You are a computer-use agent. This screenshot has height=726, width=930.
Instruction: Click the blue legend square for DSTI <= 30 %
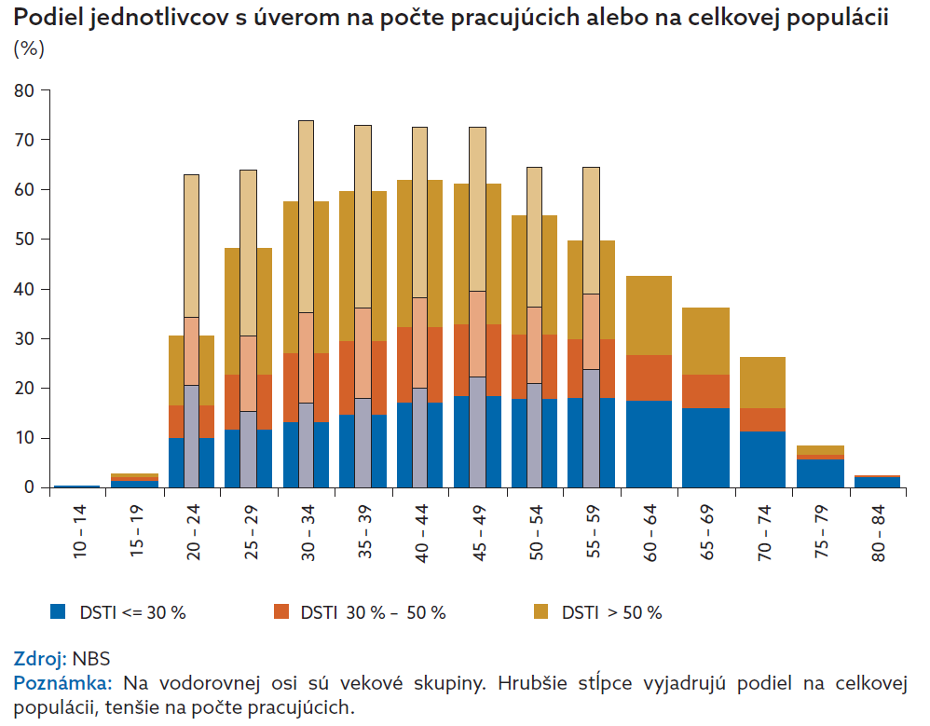pyautogui.click(x=59, y=612)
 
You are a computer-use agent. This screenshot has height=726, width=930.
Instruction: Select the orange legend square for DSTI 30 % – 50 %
pyautogui.click(x=281, y=612)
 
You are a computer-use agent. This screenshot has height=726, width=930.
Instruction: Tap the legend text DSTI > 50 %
pyautogui.click(x=611, y=612)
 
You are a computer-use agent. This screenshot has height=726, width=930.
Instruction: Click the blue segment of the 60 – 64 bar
pyautogui.click(x=649, y=444)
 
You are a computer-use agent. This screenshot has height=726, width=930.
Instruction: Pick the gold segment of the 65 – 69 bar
pyautogui.click(x=705, y=341)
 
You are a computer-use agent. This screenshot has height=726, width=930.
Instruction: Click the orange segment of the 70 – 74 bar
pyautogui.click(x=762, y=419)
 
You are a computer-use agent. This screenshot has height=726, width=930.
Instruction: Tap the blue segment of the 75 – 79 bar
pyautogui.click(x=820, y=473)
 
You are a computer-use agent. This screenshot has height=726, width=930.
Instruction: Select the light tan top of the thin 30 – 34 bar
pyautogui.click(x=306, y=214)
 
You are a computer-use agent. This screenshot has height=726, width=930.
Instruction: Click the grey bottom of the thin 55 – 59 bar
pyautogui.click(x=591, y=429)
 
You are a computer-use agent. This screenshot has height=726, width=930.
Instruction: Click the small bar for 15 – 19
pyautogui.click(x=134, y=482)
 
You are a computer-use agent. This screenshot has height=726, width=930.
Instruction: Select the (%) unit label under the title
pyautogui.click(x=29, y=49)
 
